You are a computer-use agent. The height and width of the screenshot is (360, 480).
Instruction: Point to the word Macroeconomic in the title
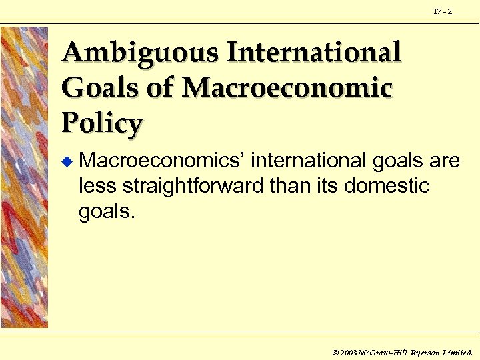pos(287,87)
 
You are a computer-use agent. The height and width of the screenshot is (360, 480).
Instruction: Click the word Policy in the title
pos(102,123)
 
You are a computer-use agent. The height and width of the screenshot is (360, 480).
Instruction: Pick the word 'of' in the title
pos(160,87)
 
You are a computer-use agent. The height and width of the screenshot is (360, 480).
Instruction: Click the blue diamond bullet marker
pos(65,162)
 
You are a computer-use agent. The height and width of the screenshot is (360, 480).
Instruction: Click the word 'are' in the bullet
pos(442,162)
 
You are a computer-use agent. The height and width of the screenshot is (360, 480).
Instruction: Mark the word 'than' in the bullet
pos(289,185)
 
